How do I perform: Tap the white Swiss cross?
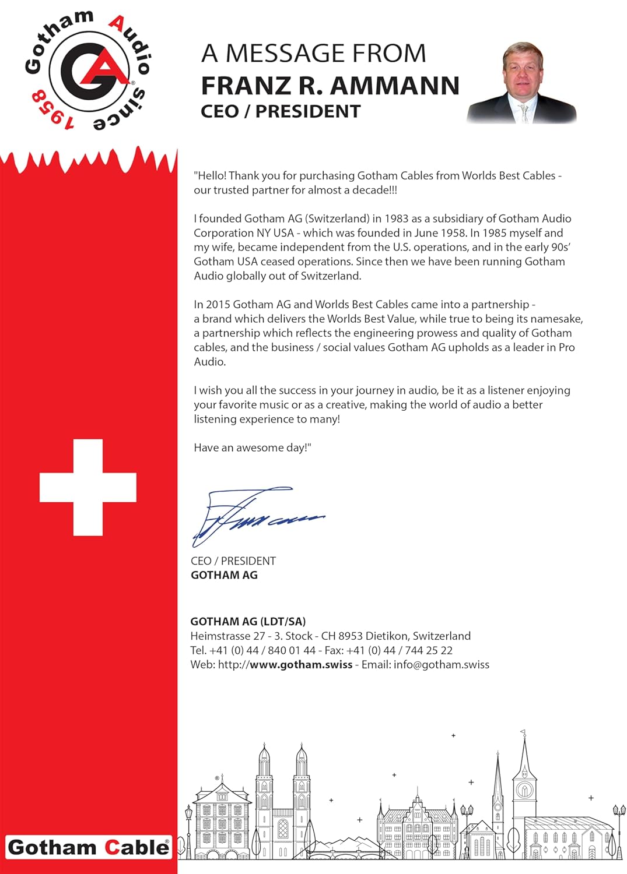88,487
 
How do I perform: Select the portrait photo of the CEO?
522,83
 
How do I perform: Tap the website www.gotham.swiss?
301,665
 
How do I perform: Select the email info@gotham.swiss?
442,665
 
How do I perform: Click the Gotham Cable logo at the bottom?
88,848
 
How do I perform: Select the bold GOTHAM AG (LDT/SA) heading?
248,622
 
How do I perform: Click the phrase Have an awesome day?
253,448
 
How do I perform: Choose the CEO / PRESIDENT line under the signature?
233,561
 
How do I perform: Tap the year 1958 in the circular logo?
53,110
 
